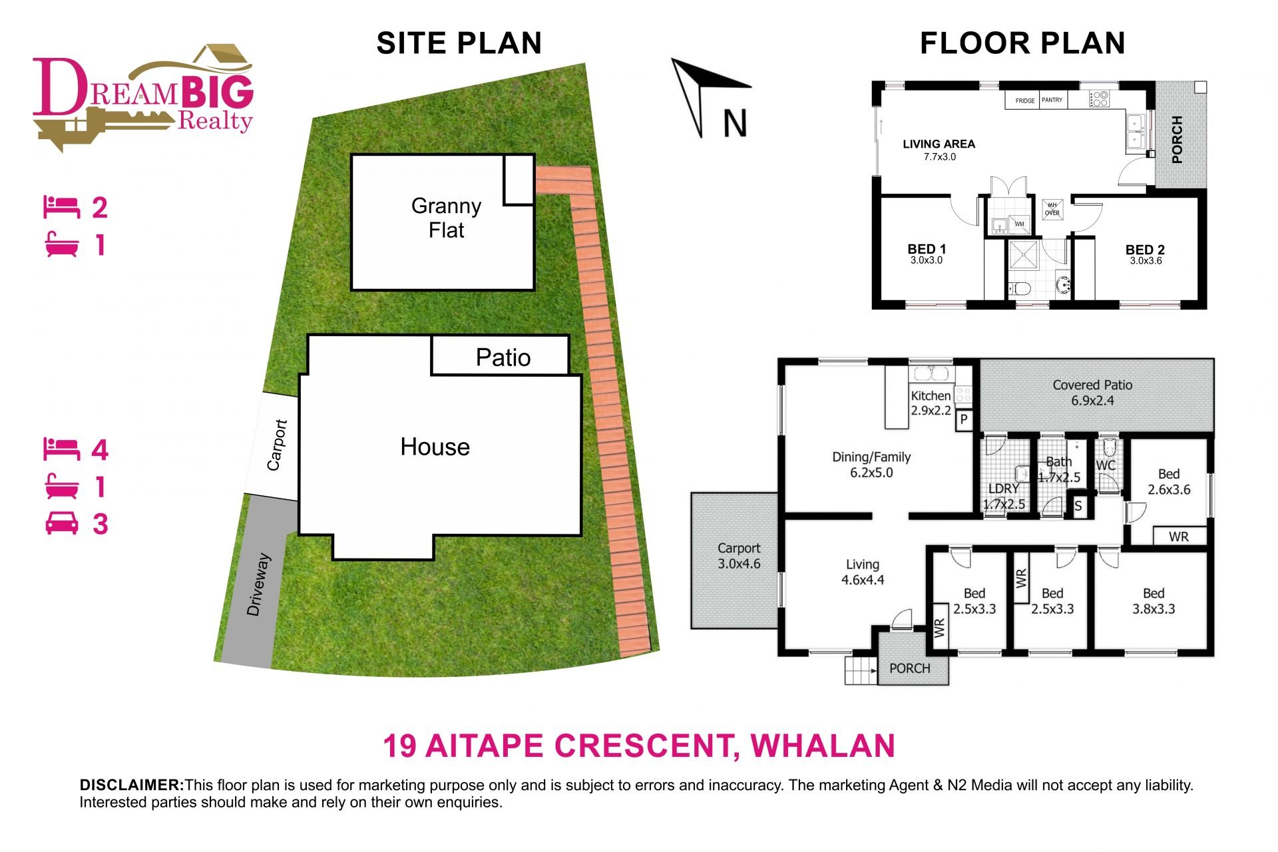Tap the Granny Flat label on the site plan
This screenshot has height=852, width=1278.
(x=446, y=218)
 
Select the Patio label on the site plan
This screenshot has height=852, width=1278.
(x=503, y=357)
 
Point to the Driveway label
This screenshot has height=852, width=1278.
(x=258, y=584)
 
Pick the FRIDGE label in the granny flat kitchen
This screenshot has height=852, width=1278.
(x=1025, y=101)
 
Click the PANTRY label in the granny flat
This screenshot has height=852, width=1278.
(x=1052, y=100)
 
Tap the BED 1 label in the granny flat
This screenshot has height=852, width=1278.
(x=927, y=249)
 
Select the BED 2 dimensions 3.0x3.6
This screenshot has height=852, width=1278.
(x=1146, y=261)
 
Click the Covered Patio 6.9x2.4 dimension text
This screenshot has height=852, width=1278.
(x=1092, y=401)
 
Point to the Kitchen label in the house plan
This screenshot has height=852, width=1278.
(x=931, y=395)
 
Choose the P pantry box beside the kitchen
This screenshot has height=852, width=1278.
(x=964, y=420)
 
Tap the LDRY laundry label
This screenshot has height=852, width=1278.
(x=1004, y=489)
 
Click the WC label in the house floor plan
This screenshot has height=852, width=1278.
(x=1106, y=465)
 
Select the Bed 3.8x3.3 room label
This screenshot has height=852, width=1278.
(x=1154, y=601)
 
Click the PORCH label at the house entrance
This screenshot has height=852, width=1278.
(x=910, y=668)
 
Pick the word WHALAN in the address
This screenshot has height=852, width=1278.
(x=823, y=745)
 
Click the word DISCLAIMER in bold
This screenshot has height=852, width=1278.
(x=132, y=785)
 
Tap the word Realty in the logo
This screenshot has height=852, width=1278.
(x=215, y=120)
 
